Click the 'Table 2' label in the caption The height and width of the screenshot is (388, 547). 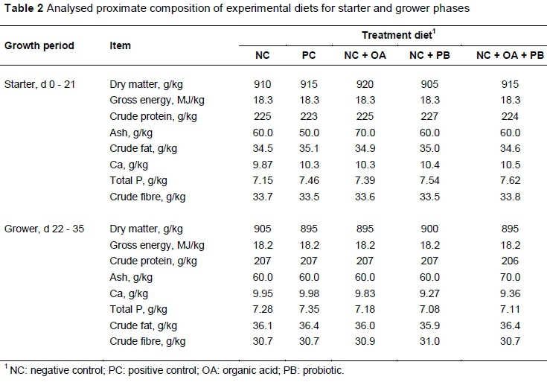pyautogui.click(x=24, y=10)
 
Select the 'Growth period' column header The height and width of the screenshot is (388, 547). pyautogui.click(x=39, y=45)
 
